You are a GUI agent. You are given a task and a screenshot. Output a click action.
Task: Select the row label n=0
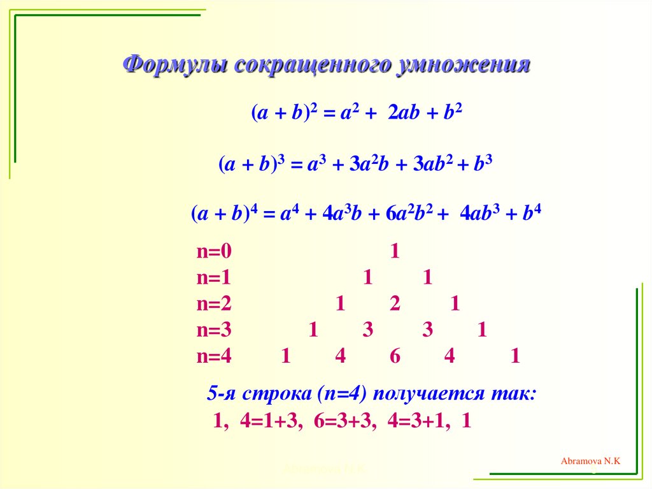click(215, 252)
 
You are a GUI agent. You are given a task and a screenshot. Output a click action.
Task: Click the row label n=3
click(215, 330)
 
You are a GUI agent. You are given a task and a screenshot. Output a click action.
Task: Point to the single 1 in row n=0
click(395, 252)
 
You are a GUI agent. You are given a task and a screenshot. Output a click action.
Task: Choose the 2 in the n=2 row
click(395, 304)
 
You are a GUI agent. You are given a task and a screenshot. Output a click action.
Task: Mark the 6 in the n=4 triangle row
click(395, 356)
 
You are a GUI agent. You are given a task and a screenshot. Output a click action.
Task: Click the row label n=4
click(215, 356)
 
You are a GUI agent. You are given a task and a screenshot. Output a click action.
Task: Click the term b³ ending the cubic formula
click(484, 164)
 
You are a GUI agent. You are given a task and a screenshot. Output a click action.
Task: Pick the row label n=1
click(215, 278)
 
